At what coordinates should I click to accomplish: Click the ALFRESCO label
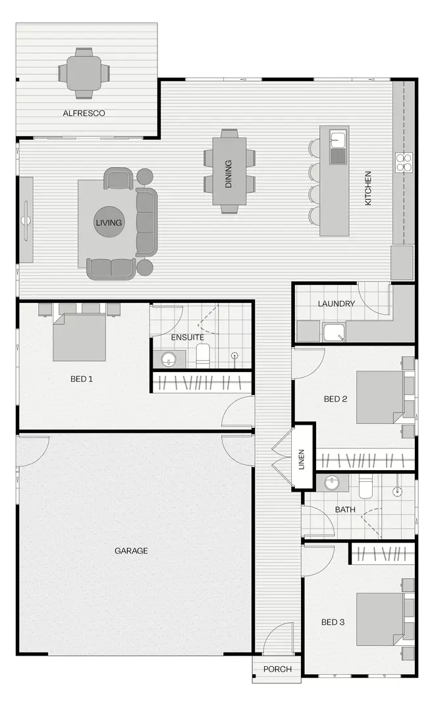pos(84,113)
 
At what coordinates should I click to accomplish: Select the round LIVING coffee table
pos(109,223)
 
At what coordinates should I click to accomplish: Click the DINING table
pos(229,171)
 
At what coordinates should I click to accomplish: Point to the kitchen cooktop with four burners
pos(403,162)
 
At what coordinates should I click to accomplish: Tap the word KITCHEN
pos(368,188)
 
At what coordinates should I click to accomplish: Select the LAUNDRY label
pos(336,304)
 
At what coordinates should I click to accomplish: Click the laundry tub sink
pos(333,332)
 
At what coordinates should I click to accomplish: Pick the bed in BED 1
pos(79,338)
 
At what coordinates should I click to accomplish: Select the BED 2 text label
pos(335,399)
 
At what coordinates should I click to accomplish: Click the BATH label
pos(345,510)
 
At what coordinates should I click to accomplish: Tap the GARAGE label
pos(131,551)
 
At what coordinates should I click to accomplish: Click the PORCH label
pos(277,670)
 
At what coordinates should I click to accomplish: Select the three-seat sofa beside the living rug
pos(146,222)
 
